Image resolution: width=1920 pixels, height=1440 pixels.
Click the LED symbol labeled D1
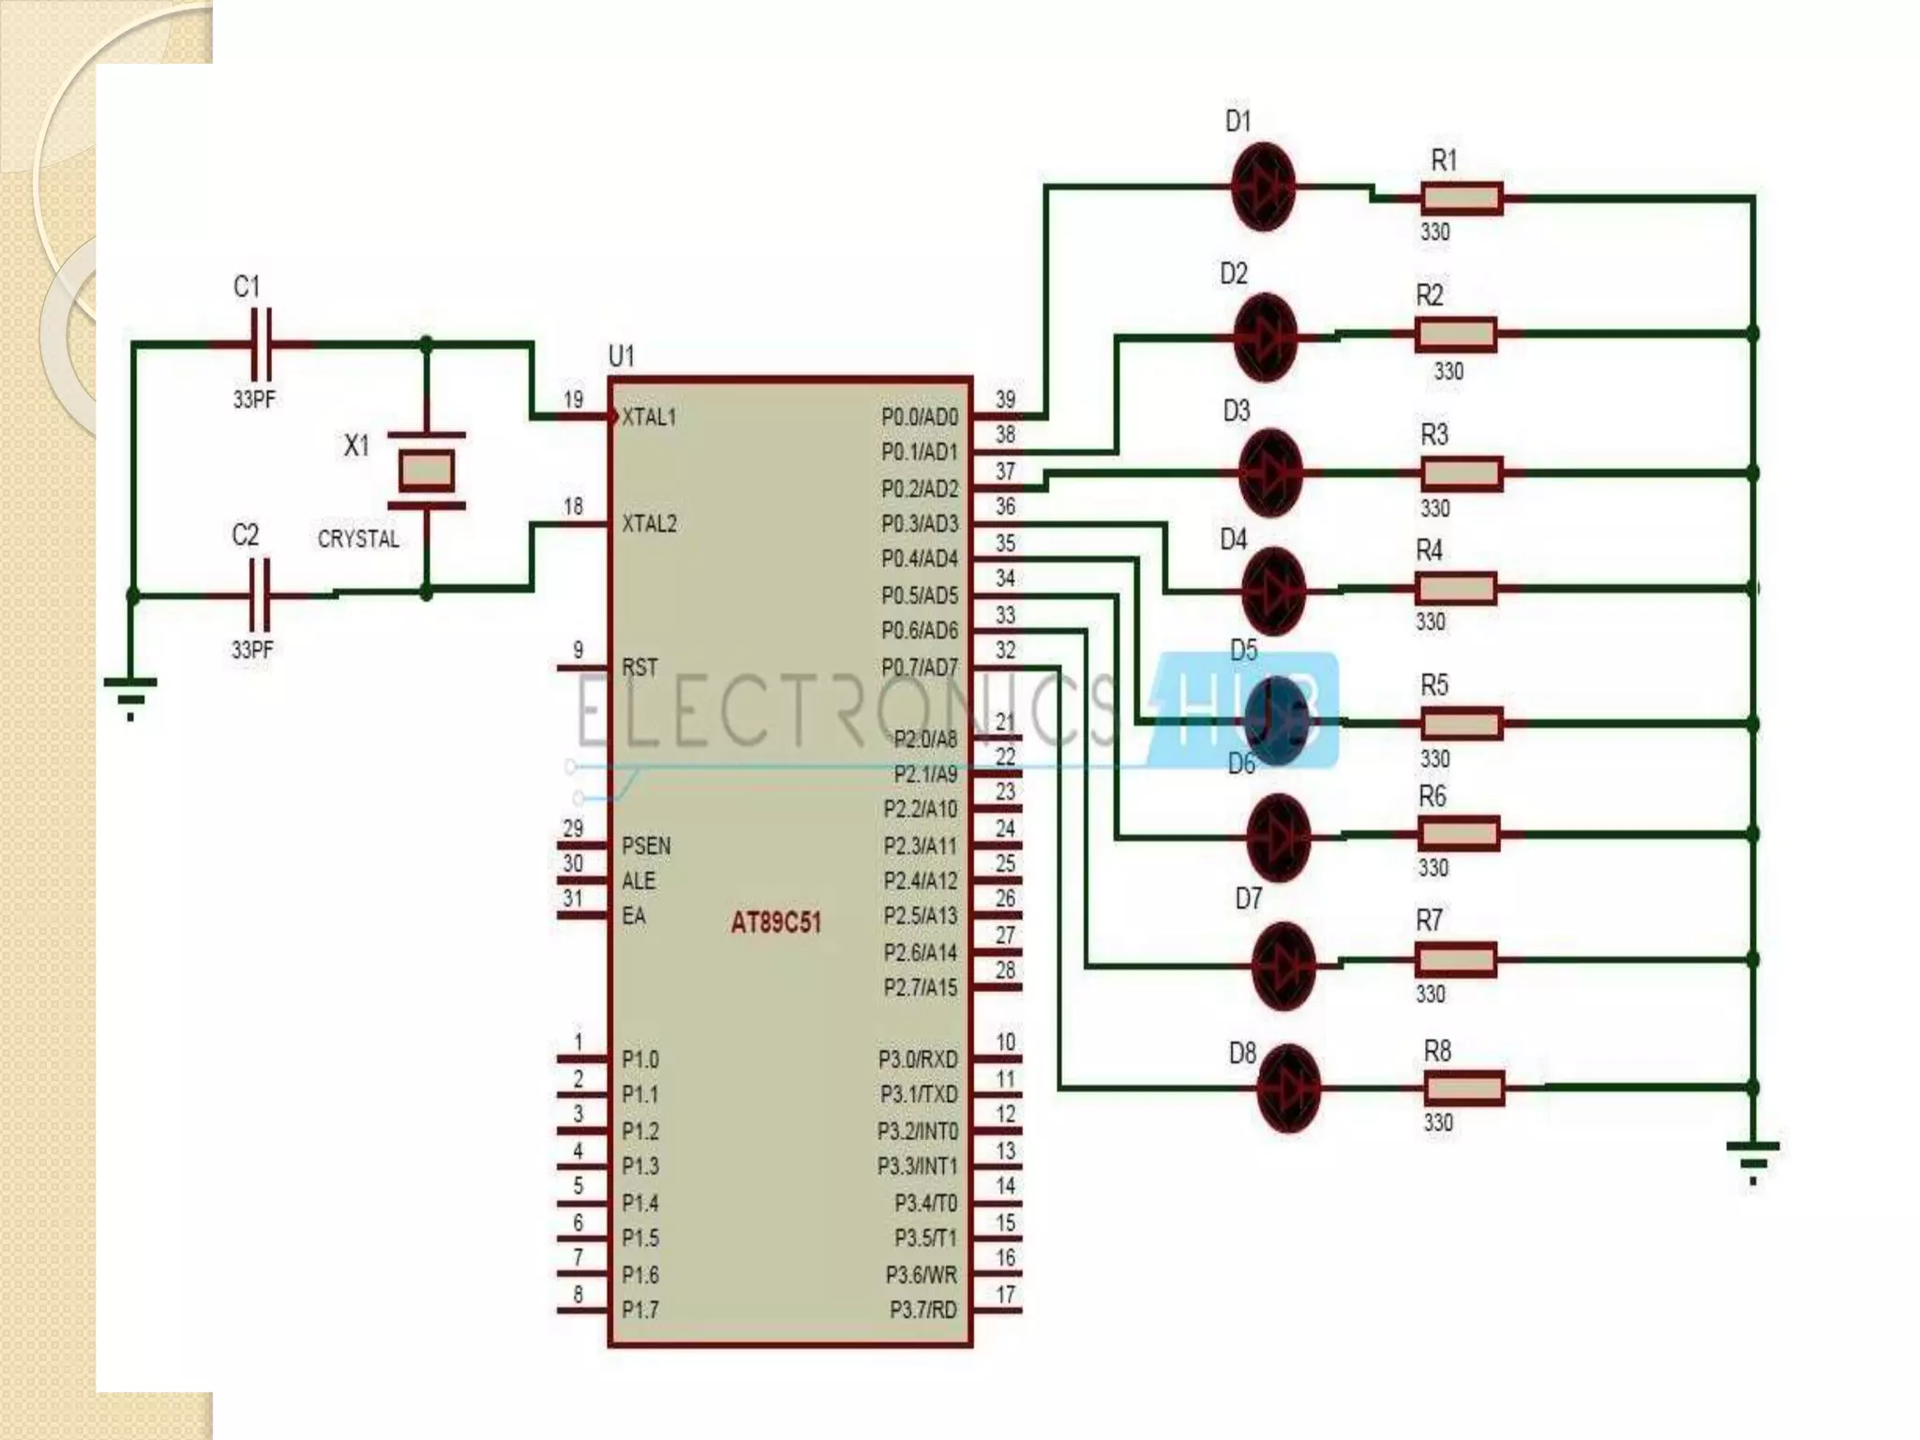click(1263, 187)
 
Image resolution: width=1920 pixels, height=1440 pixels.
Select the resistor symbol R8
click(1463, 1087)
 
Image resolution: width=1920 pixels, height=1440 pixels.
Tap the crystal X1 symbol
click(427, 471)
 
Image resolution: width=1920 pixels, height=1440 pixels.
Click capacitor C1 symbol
click(262, 344)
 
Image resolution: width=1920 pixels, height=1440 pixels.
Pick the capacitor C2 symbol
click(260, 594)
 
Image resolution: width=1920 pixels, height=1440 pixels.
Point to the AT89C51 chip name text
click(775, 922)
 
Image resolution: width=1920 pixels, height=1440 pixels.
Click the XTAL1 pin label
click(649, 417)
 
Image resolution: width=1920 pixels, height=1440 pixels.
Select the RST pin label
click(639, 667)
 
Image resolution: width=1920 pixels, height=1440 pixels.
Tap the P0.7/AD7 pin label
click(919, 667)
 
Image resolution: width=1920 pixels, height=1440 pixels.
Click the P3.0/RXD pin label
click(917, 1059)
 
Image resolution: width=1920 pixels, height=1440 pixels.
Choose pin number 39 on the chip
click(1005, 399)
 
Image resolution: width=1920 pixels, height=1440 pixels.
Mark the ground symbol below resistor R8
click(1752, 1161)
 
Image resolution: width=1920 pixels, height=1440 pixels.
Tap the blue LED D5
click(1277, 722)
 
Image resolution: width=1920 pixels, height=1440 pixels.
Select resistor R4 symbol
click(1456, 589)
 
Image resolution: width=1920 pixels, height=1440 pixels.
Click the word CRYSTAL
click(358, 539)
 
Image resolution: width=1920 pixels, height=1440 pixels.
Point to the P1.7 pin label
click(640, 1309)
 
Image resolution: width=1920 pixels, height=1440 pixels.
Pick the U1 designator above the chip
click(621, 356)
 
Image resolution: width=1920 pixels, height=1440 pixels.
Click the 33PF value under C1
click(254, 399)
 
